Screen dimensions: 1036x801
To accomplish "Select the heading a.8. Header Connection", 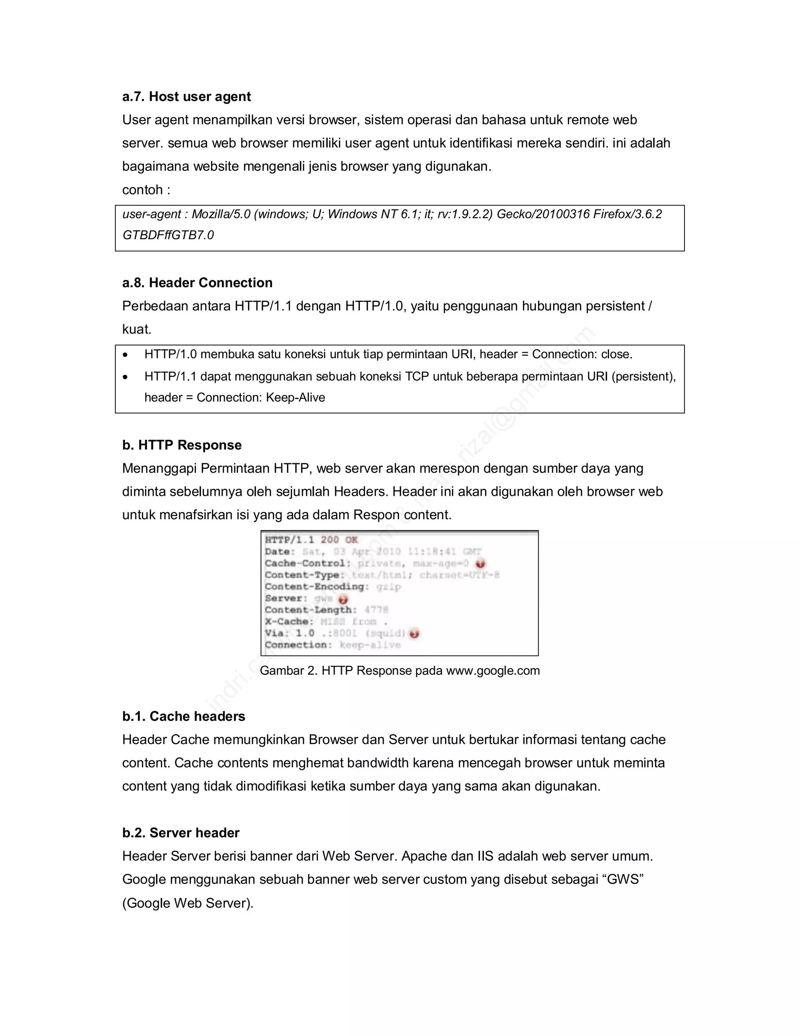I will (198, 283).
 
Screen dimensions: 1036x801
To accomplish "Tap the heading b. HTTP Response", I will (182, 445).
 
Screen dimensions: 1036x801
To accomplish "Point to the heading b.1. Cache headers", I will (184, 716).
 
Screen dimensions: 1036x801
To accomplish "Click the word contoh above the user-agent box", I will (142, 190).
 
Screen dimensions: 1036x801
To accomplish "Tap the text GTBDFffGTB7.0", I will (168, 235).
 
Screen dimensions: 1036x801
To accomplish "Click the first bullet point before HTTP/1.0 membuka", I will (125, 355).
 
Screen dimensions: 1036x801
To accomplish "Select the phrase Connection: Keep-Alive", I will (260, 398).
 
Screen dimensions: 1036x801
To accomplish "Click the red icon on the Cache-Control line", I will (480, 563).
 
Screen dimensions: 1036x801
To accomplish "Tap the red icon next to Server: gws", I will (343, 599).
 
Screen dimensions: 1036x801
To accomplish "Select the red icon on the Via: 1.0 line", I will (414, 634).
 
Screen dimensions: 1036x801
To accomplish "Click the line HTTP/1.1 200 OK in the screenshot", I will (311, 540).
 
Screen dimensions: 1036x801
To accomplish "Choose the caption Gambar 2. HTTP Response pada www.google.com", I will (400, 671).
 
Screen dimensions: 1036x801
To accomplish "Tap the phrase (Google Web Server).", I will (187, 903).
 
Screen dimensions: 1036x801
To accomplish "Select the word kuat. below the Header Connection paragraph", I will (136, 329).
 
